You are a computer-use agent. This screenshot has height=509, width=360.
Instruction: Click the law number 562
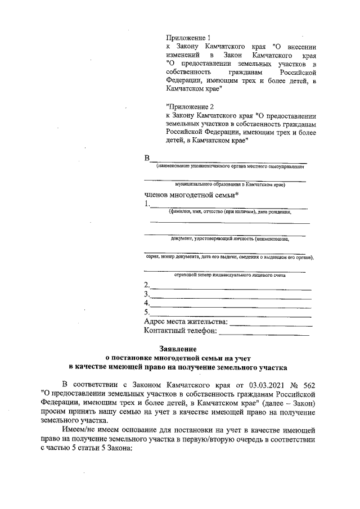pyautogui.click(x=307, y=385)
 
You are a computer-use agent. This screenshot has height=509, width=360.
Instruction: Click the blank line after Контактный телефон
pyautogui.click(x=264, y=332)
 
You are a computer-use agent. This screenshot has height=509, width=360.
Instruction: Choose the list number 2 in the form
pyautogui.click(x=147, y=285)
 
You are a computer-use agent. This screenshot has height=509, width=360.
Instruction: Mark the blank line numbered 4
pyautogui.click(x=231, y=304)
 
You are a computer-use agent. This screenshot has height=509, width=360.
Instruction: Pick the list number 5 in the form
pyautogui.click(x=147, y=312)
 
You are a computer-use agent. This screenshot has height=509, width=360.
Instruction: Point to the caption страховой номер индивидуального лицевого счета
pyautogui.click(x=229, y=275)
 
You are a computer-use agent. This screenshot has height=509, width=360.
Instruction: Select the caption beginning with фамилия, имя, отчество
pyautogui.click(x=229, y=212)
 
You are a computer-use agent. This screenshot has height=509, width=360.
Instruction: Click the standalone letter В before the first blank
pyautogui.click(x=147, y=158)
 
